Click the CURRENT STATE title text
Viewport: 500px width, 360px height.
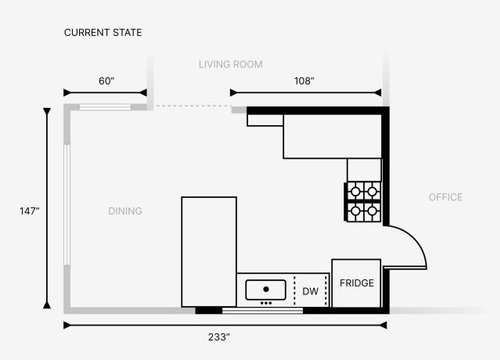tap(103, 33)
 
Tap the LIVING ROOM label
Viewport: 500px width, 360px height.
tap(231, 64)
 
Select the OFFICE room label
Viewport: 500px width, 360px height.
tap(446, 197)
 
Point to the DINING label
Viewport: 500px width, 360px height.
tap(125, 211)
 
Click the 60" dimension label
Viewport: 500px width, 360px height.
tap(106, 81)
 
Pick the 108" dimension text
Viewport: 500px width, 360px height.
tap(304, 81)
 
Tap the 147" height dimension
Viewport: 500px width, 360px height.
tap(30, 211)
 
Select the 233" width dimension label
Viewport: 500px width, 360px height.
tap(219, 337)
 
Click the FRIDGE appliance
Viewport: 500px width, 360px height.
tap(356, 283)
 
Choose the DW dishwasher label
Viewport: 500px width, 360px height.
tap(310, 291)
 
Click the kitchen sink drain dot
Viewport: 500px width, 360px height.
tap(266, 289)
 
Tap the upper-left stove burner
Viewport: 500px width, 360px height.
tap(355, 192)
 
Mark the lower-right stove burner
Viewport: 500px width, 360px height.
tap(372, 211)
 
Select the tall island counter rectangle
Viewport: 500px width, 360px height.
tap(209, 252)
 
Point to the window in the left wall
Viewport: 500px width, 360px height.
tap(67, 205)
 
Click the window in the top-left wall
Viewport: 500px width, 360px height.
tap(105, 107)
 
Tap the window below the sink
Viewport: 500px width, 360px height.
tap(263, 311)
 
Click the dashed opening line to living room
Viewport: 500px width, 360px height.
tap(193, 106)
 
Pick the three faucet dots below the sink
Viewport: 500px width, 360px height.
tap(266, 303)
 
